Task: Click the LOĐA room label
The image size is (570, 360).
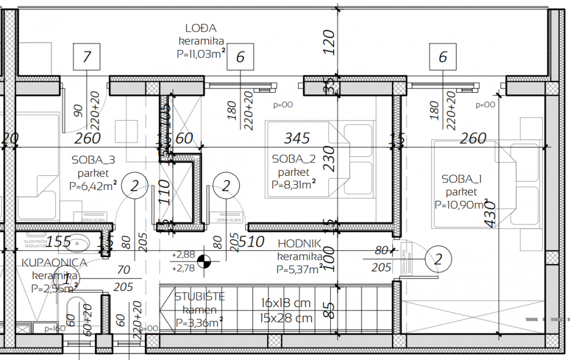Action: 201,28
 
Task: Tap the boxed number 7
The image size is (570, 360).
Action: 87,58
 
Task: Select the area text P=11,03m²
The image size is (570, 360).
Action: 201,54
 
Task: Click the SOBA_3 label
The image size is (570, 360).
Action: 93,160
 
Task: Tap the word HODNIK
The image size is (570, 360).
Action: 299,244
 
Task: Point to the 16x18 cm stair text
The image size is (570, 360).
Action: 286,303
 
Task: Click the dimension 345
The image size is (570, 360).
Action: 297,138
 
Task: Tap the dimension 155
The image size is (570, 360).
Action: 59,242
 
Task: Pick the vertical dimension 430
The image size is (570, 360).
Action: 490,213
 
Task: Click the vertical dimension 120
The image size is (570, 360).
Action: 330,42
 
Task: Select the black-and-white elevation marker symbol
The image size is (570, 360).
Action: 204,260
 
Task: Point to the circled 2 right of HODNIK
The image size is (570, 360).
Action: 439,259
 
